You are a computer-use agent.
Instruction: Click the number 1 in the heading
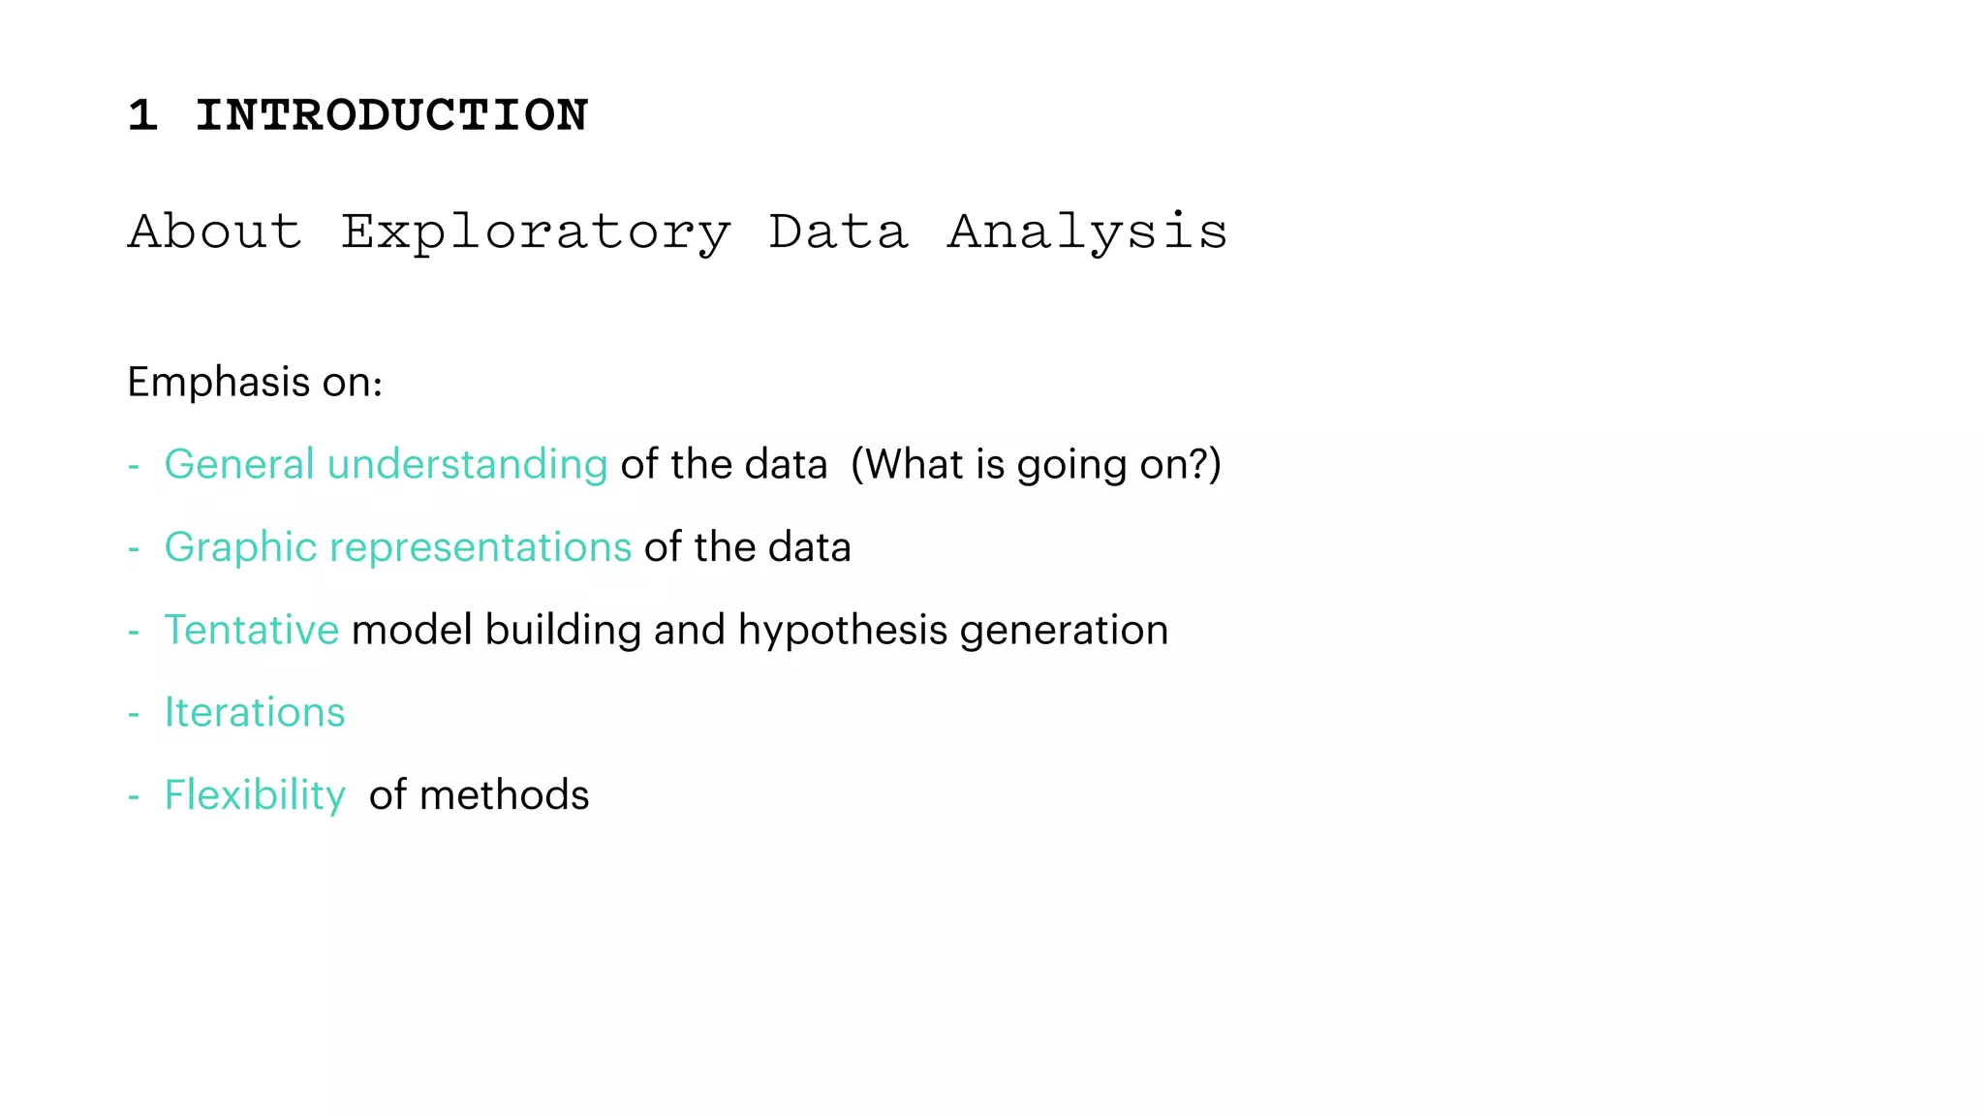[142, 115]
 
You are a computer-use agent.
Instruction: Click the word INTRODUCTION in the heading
[391, 115]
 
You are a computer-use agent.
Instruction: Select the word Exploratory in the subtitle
[536, 232]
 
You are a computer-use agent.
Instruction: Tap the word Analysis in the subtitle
[1087, 232]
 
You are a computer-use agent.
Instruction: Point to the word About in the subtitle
[214, 232]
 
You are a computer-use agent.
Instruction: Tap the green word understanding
[467, 465]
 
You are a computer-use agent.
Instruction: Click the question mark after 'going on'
[1200, 464]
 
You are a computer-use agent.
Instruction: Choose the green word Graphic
[241, 547]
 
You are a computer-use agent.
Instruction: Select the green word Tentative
[252, 630]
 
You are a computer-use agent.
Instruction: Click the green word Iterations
[255, 712]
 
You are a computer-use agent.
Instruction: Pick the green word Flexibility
[255, 795]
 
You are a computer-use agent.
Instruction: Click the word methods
[504, 795]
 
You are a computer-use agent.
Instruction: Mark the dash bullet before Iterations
[134, 714]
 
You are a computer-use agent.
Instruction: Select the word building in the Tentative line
[563, 631]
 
